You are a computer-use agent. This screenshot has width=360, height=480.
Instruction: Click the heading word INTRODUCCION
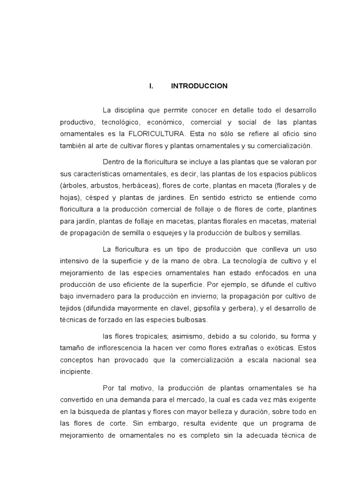point(199,86)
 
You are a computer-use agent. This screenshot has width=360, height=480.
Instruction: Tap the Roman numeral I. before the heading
point(151,86)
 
